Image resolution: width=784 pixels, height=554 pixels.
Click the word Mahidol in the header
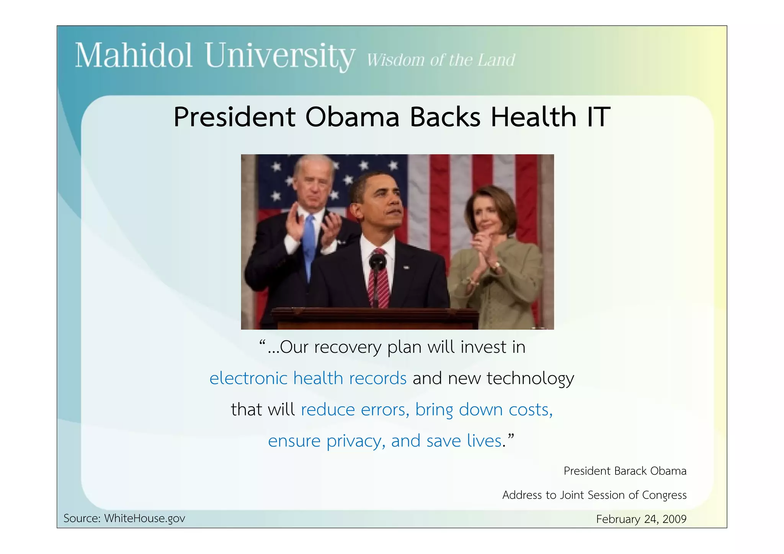click(x=133, y=56)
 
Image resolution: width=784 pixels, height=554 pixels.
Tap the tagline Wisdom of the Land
click(x=441, y=60)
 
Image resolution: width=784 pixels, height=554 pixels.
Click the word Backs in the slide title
click(x=445, y=117)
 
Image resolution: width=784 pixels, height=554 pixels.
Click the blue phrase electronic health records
click(x=308, y=378)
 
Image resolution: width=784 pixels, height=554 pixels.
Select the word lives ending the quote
click(x=484, y=441)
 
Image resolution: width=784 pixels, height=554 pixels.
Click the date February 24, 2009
click(x=641, y=519)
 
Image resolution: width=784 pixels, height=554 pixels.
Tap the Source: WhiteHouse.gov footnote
click(x=124, y=518)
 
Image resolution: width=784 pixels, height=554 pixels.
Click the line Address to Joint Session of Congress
click(x=594, y=495)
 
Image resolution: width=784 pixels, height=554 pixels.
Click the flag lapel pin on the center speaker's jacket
click(x=406, y=267)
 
